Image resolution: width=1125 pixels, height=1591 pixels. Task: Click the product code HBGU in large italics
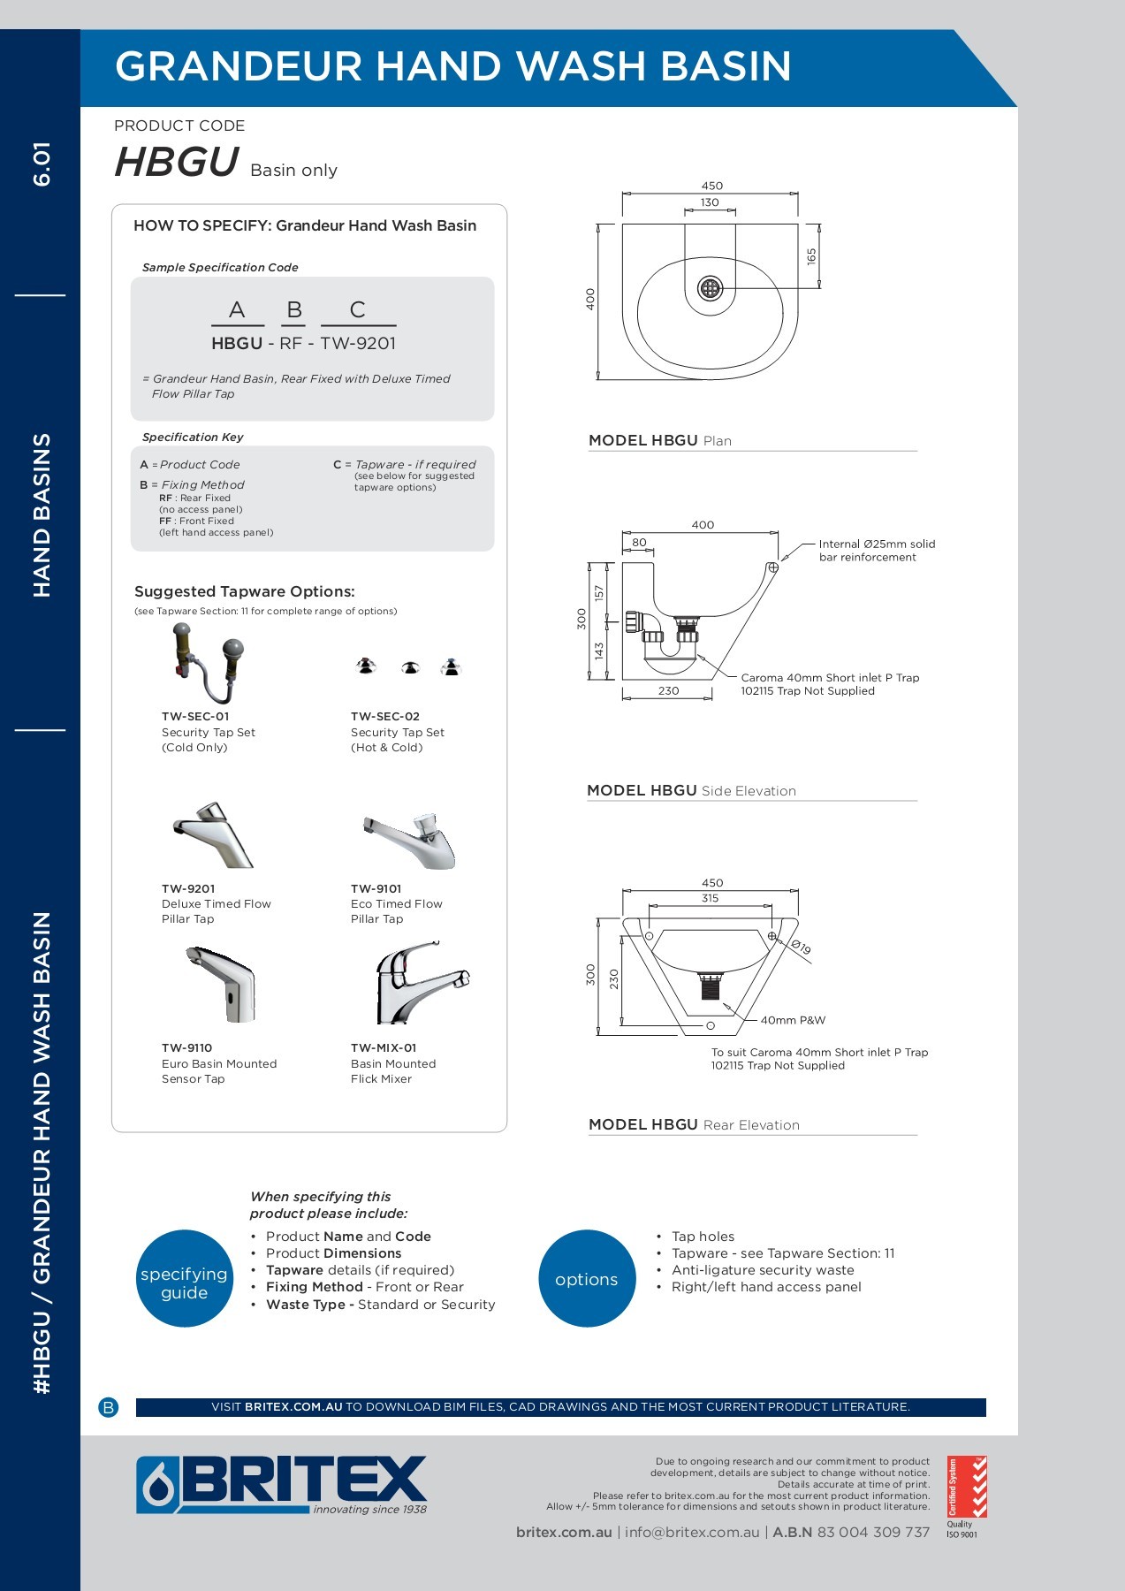tap(177, 163)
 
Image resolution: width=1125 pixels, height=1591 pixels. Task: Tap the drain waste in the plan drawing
tap(711, 287)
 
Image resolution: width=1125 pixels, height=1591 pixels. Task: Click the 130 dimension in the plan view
tap(710, 202)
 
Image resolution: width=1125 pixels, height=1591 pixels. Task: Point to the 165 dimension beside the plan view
tap(811, 256)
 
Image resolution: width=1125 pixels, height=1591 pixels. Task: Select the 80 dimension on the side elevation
tap(639, 543)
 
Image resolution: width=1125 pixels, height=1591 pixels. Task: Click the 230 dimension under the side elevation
tap(668, 691)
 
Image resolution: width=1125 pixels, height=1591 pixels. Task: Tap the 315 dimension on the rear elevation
tap(710, 898)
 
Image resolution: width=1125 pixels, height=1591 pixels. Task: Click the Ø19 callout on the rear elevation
tap(801, 948)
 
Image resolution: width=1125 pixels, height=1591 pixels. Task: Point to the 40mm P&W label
tap(793, 1020)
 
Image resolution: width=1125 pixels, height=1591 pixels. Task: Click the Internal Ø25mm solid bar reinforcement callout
tap(876, 551)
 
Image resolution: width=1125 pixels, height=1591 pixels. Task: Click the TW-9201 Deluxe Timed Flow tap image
tap(213, 835)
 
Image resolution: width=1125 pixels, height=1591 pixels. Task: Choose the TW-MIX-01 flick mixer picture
tap(421, 981)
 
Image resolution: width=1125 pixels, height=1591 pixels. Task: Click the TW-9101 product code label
tap(376, 888)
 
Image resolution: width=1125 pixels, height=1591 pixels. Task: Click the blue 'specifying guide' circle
tap(185, 1278)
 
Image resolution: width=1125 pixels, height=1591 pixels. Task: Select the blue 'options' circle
tap(587, 1278)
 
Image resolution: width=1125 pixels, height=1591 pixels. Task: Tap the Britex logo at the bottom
tap(281, 1485)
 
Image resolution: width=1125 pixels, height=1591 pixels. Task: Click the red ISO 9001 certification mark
tap(967, 1487)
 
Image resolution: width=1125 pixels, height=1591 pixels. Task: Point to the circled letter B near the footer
tap(109, 1407)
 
